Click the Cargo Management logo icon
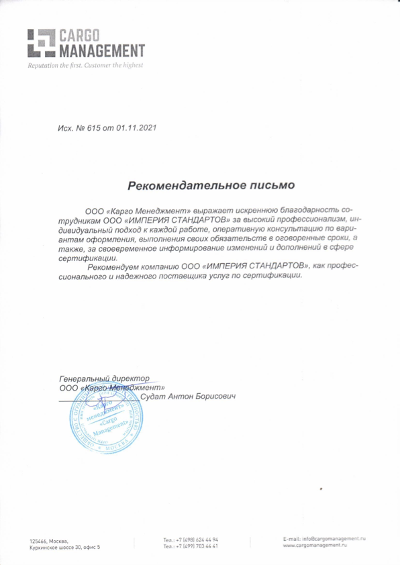coord(40,42)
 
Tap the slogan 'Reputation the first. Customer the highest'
coord(85,66)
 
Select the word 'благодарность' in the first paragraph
coord(305,209)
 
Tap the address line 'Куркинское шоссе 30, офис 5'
coord(64,548)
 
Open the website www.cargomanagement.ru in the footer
coord(315,547)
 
